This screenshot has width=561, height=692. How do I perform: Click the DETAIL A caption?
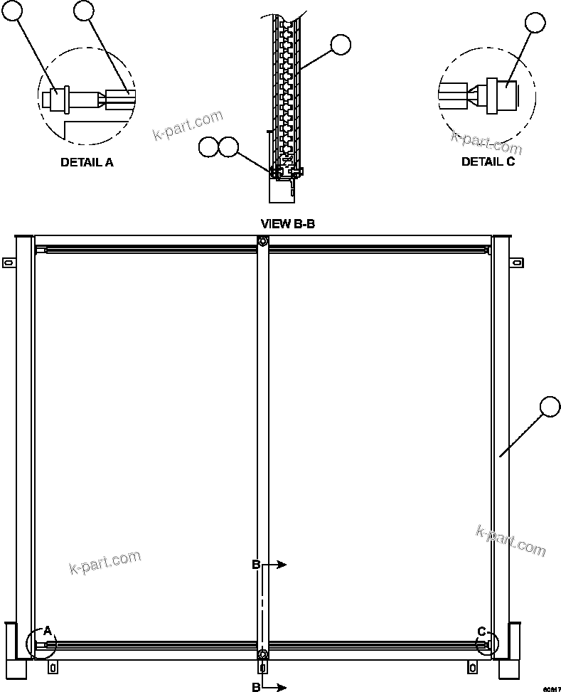click(87, 162)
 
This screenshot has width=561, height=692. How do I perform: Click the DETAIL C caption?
click(488, 161)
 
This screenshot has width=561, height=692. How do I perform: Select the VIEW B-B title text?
click(288, 224)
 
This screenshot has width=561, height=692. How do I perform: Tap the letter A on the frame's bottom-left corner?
click(48, 630)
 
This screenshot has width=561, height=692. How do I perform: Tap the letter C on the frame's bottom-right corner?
click(482, 631)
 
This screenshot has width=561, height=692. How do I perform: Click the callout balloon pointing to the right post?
click(550, 407)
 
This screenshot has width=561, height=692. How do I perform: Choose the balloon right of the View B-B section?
click(341, 45)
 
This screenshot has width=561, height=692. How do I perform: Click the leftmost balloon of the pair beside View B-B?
click(209, 147)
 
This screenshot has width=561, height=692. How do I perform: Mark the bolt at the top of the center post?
click(263, 242)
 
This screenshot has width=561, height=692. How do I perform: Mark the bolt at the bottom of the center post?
click(263, 654)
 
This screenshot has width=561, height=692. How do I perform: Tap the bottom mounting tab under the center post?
click(263, 668)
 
